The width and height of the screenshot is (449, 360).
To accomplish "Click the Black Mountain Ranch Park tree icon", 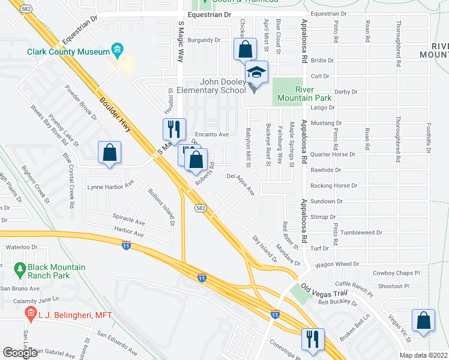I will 20,267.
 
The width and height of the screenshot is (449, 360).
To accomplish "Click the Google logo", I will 20,352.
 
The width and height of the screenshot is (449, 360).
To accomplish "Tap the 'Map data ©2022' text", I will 423,355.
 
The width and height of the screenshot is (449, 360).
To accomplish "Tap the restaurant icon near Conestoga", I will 313,339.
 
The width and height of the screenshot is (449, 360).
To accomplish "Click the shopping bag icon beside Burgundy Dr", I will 245,49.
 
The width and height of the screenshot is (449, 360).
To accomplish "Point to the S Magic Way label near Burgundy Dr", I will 180,42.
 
